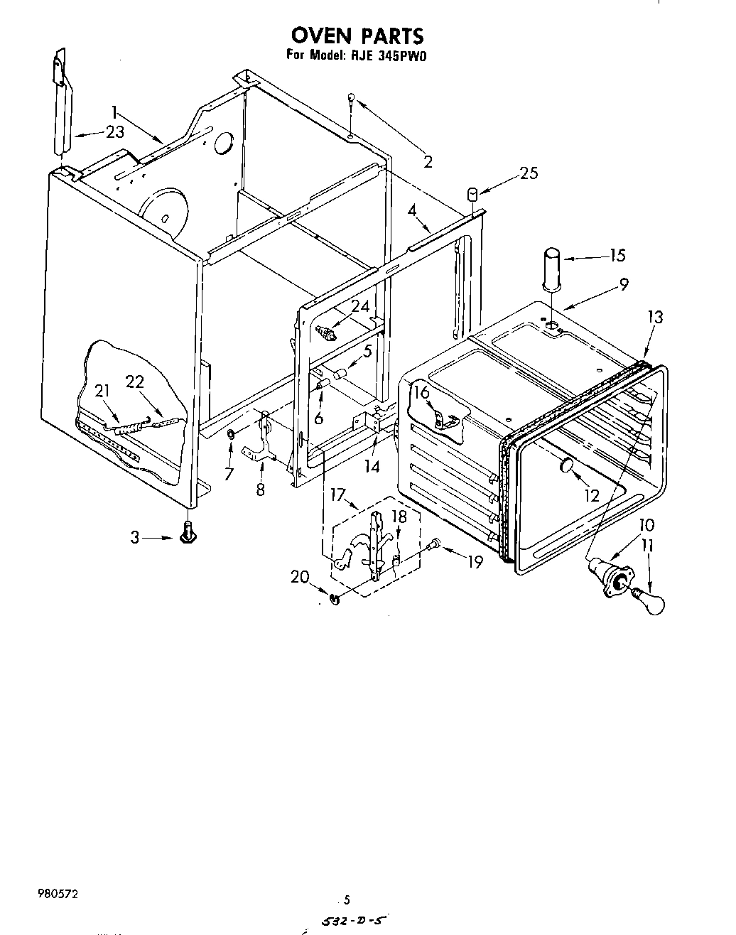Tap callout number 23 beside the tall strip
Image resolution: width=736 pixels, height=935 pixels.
[x=114, y=131]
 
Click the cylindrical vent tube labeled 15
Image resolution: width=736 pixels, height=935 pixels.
[x=552, y=268]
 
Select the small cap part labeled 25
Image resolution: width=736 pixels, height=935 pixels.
[x=472, y=194]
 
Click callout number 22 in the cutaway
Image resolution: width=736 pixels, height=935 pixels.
[x=135, y=382]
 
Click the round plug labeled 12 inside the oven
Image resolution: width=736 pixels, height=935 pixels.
[x=567, y=466]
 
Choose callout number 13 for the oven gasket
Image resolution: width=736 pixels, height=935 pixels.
[x=654, y=317]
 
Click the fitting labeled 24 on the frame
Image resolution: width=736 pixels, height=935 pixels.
[x=329, y=331]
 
